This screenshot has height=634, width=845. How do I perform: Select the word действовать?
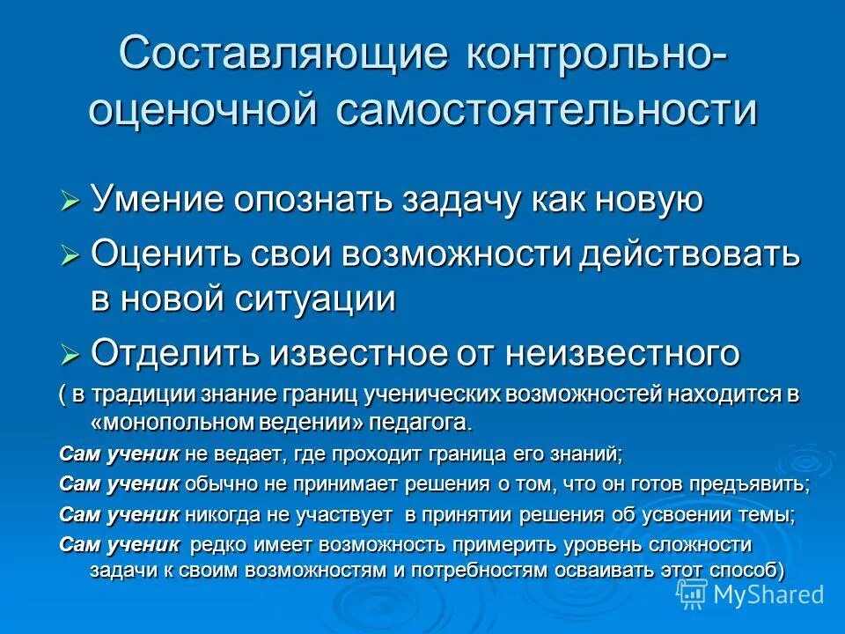[x=689, y=255]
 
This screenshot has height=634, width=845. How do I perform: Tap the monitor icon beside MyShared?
[x=692, y=594]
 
